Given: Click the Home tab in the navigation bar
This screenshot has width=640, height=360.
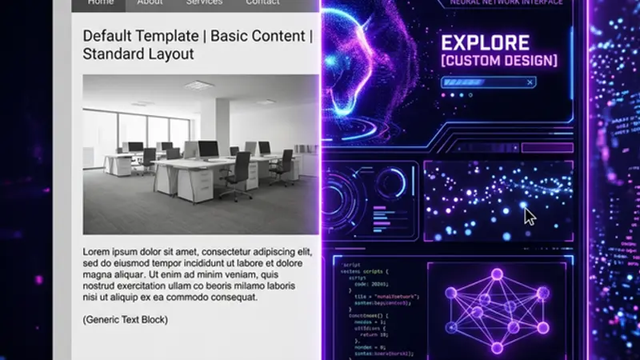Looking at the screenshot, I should click(100, 3).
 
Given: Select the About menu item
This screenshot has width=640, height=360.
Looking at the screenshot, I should click(150, 3).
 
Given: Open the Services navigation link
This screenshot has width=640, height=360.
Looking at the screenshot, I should click(204, 3).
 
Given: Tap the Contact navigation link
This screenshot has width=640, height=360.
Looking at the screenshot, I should click(262, 3).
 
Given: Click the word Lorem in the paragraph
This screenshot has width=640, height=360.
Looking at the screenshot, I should click(98, 251).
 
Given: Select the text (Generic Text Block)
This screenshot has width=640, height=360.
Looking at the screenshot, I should click(126, 320).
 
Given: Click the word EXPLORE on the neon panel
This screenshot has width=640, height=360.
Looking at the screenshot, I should click(485, 43).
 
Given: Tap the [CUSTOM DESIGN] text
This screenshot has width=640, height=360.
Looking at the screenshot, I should click(498, 61).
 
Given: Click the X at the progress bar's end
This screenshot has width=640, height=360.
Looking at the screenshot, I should click(529, 82).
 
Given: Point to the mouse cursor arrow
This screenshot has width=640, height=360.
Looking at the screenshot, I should click(528, 215).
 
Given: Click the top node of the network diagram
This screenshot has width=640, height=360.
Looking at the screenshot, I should click(496, 274).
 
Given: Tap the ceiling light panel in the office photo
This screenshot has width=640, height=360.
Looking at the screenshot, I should click(199, 85).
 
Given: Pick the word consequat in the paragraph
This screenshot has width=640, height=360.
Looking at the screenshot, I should click(232, 297).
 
